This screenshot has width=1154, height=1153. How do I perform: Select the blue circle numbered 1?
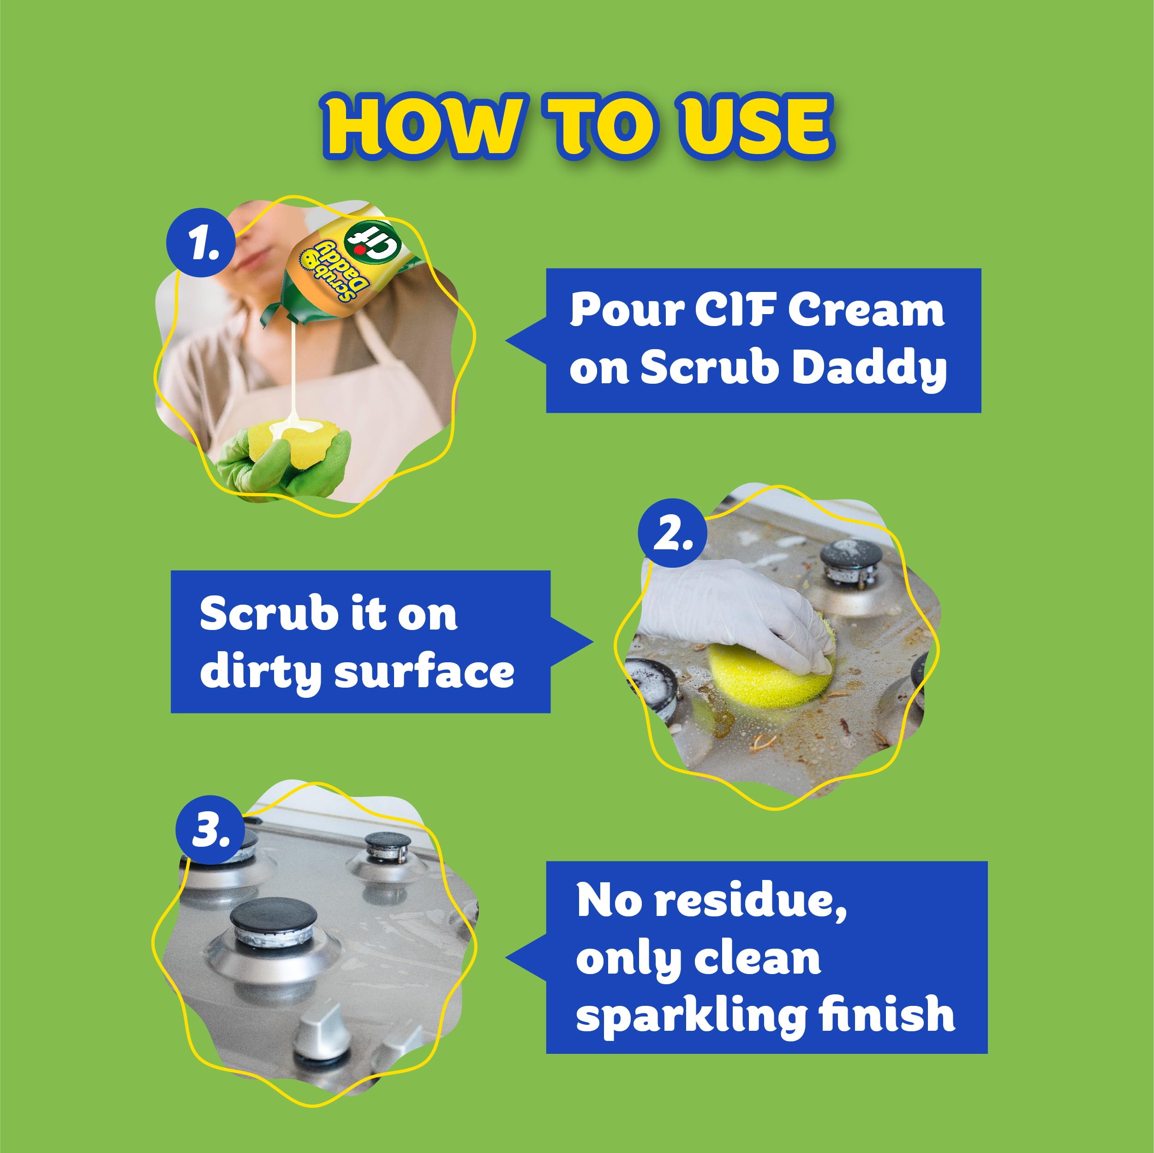pos(201,243)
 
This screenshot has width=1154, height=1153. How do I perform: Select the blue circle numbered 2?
pos(671,533)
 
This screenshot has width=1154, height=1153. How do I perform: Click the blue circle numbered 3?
pos(209,831)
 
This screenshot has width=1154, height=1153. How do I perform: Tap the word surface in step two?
pos(424,672)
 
